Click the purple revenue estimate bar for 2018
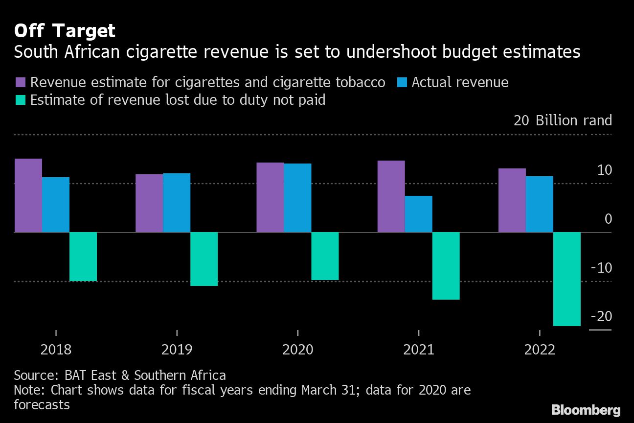[28, 195]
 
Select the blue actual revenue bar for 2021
[418, 214]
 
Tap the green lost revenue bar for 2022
[567, 279]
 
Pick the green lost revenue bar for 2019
[204, 258]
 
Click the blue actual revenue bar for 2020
[297, 198]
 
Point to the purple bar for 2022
[512, 200]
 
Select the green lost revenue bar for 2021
[446, 265]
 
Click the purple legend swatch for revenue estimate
[20, 82]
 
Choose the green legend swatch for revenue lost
[20, 100]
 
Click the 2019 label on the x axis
[177, 350]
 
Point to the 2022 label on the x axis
[540, 350]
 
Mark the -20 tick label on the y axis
[601, 316]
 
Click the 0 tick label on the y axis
[608, 219]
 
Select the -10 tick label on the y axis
[601, 268]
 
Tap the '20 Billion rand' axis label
[563, 120]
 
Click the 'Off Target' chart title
[65, 31]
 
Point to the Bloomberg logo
[586, 410]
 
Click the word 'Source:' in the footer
[37, 376]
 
